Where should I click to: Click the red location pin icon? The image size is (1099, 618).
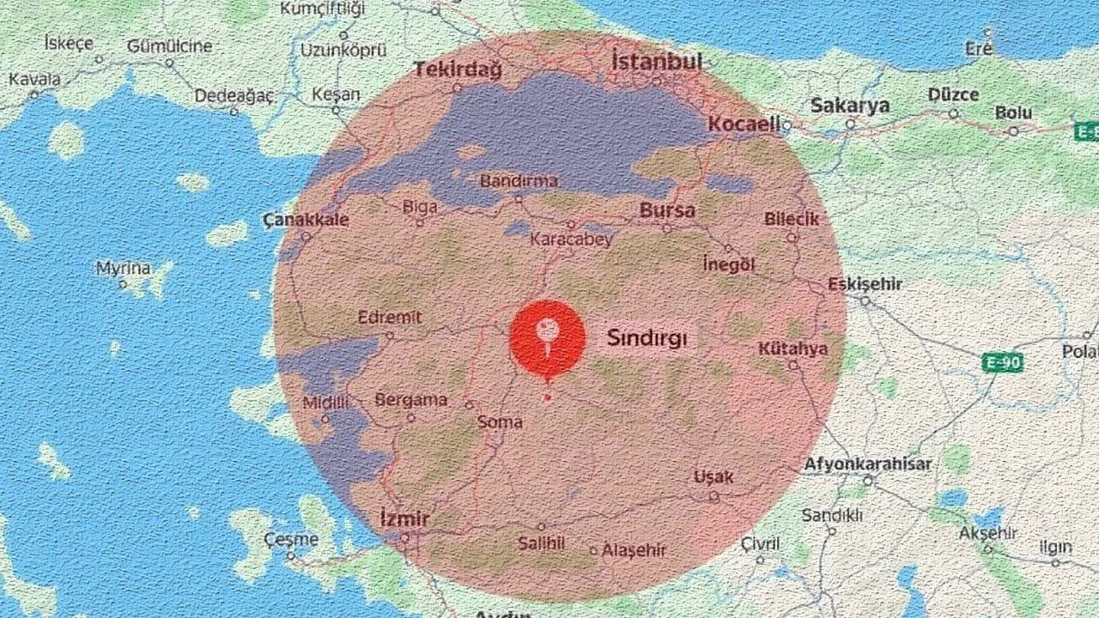click(x=548, y=336)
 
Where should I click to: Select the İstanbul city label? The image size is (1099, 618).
click(x=657, y=62)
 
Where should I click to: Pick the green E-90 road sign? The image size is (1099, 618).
click(x=1002, y=363)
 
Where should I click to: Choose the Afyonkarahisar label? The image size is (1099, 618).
click(x=867, y=464)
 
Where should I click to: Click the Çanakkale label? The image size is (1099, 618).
click(x=306, y=221)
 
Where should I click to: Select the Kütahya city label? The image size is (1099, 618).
click(x=792, y=348)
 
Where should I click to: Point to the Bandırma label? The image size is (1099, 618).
click(x=519, y=182)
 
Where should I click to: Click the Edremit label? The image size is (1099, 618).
click(x=390, y=318)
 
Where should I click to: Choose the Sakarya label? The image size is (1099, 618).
click(x=850, y=106)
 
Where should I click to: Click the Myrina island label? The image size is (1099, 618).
click(x=122, y=269)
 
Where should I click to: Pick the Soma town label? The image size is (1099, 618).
click(x=500, y=421)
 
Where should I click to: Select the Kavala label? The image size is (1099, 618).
click(x=34, y=80)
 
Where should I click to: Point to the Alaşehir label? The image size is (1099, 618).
click(x=634, y=550)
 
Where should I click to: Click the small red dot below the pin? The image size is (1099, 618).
click(x=547, y=397)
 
